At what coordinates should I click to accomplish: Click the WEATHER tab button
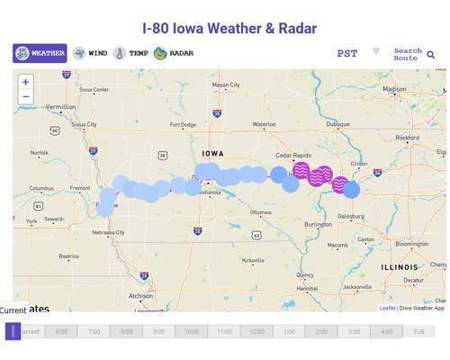[x=40, y=53]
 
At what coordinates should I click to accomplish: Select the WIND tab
[x=90, y=53]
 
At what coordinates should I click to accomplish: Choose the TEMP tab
[x=131, y=53]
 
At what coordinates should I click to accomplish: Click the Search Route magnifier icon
[x=431, y=54]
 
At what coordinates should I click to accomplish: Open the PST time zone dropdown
[x=358, y=53]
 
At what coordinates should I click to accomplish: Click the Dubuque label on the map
[x=338, y=124]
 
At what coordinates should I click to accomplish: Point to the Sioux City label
[x=84, y=124]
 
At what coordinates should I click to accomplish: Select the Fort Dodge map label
[x=183, y=124]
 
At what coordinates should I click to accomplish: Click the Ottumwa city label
[x=260, y=212]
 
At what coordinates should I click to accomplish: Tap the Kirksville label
[x=254, y=260]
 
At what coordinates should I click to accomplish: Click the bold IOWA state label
[x=213, y=154]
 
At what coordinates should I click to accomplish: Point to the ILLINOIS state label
[x=399, y=267]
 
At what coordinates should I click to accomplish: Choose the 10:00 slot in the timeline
[x=191, y=331]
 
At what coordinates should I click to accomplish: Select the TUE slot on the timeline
[x=418, y=331]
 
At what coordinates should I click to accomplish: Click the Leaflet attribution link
[x=387, y=308]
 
